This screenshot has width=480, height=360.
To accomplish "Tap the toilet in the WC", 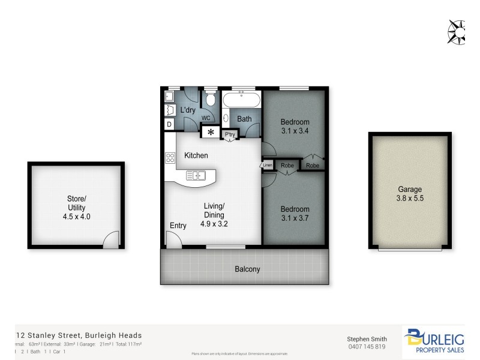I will (209, 100).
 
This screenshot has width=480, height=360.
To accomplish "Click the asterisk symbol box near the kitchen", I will (210, 133).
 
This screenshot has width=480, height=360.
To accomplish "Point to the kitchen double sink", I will (196, 175).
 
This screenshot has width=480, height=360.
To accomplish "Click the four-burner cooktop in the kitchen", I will (170, 158).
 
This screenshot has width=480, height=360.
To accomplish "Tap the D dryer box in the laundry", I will (169, 124).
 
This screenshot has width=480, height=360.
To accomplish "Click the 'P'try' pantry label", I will (230, 135).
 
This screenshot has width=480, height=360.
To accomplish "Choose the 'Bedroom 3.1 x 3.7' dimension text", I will (295, 214).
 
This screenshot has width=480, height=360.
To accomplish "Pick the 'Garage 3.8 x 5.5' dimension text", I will (410, 193).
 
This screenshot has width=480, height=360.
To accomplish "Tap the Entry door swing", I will (173, 239).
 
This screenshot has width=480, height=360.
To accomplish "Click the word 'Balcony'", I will (247, 269).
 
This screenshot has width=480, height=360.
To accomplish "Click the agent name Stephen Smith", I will (367, 338).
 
